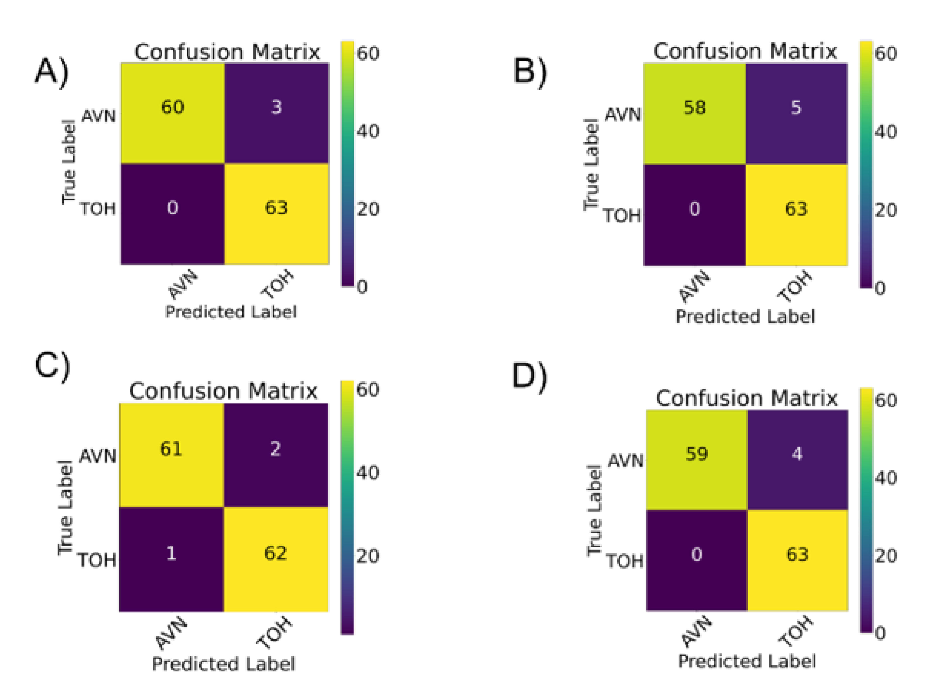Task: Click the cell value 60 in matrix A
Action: click(172, 107)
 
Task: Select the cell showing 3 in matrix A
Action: click(276, 107)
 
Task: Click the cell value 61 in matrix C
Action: click(171, 449)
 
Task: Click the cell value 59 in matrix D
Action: click(697, 454)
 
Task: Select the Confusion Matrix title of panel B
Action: click(745, 52)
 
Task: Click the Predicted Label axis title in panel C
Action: click(224, 664)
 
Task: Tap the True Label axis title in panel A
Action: click(69, 162)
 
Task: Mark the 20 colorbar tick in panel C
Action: click(368, 556)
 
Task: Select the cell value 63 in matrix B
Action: click(796, 209)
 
